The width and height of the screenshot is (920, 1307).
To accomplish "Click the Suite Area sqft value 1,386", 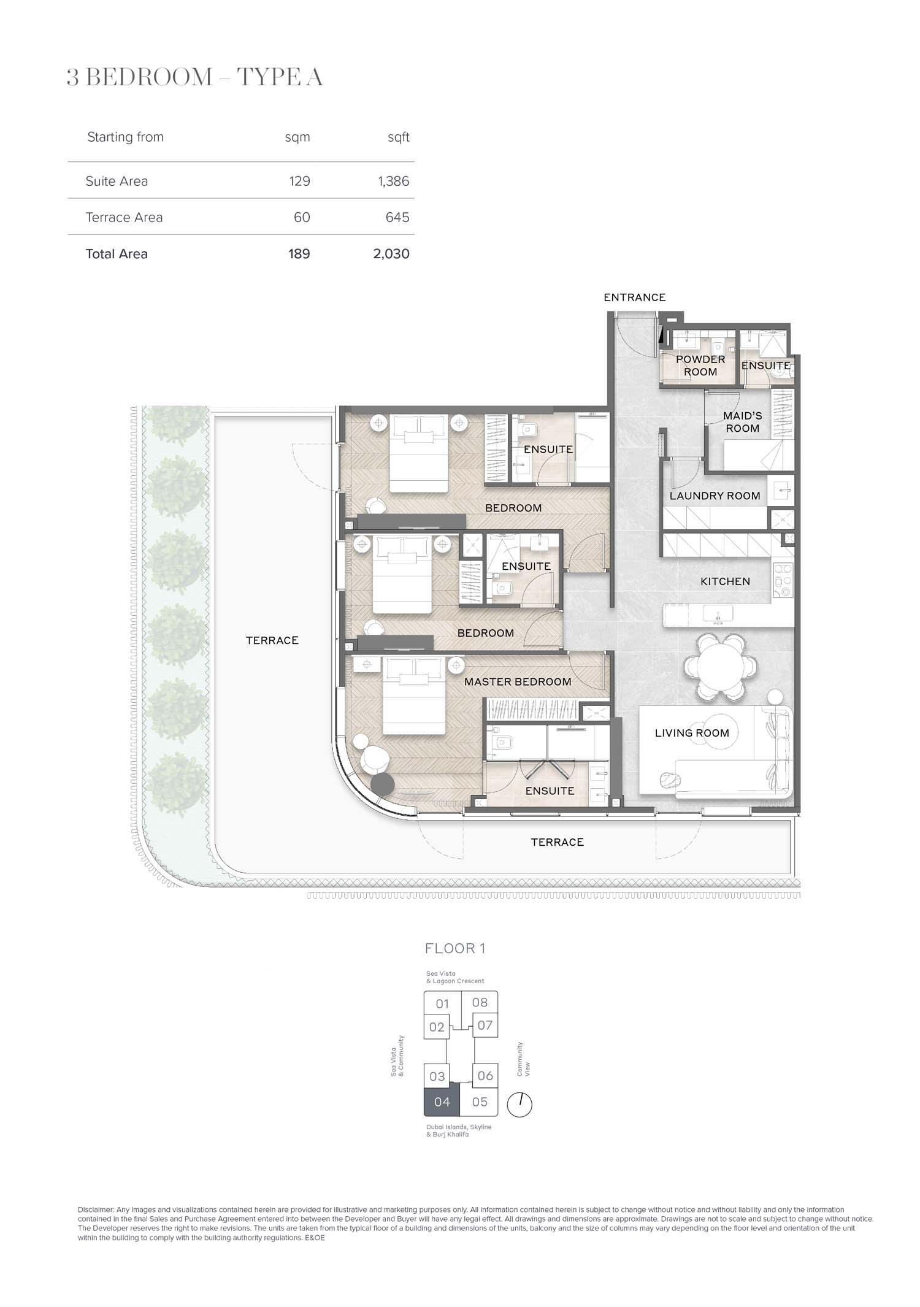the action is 393,181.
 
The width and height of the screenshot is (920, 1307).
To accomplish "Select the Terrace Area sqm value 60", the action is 302,217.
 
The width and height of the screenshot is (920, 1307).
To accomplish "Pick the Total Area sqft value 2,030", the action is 391,253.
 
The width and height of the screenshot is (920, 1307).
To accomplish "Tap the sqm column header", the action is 297,137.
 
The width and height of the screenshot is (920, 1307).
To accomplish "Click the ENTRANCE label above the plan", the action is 634,297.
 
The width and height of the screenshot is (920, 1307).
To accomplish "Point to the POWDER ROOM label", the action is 700,366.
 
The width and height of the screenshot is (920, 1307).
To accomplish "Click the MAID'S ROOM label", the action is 742,422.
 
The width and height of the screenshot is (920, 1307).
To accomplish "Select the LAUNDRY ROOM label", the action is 715,496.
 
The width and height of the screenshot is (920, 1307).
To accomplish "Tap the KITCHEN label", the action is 725,581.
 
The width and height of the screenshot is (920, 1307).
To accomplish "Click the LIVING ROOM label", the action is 692,733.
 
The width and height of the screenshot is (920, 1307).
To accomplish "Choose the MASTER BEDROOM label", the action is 518,681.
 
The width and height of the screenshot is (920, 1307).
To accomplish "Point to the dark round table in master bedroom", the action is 384,784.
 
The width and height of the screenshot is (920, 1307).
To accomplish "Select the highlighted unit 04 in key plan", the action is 442,1102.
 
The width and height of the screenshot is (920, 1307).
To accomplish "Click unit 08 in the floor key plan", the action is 480,1002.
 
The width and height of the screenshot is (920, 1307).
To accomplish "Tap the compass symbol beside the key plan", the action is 519,1104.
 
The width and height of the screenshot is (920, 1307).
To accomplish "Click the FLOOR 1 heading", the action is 455,949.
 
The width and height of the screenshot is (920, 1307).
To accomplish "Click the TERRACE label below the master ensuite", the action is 557,842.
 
